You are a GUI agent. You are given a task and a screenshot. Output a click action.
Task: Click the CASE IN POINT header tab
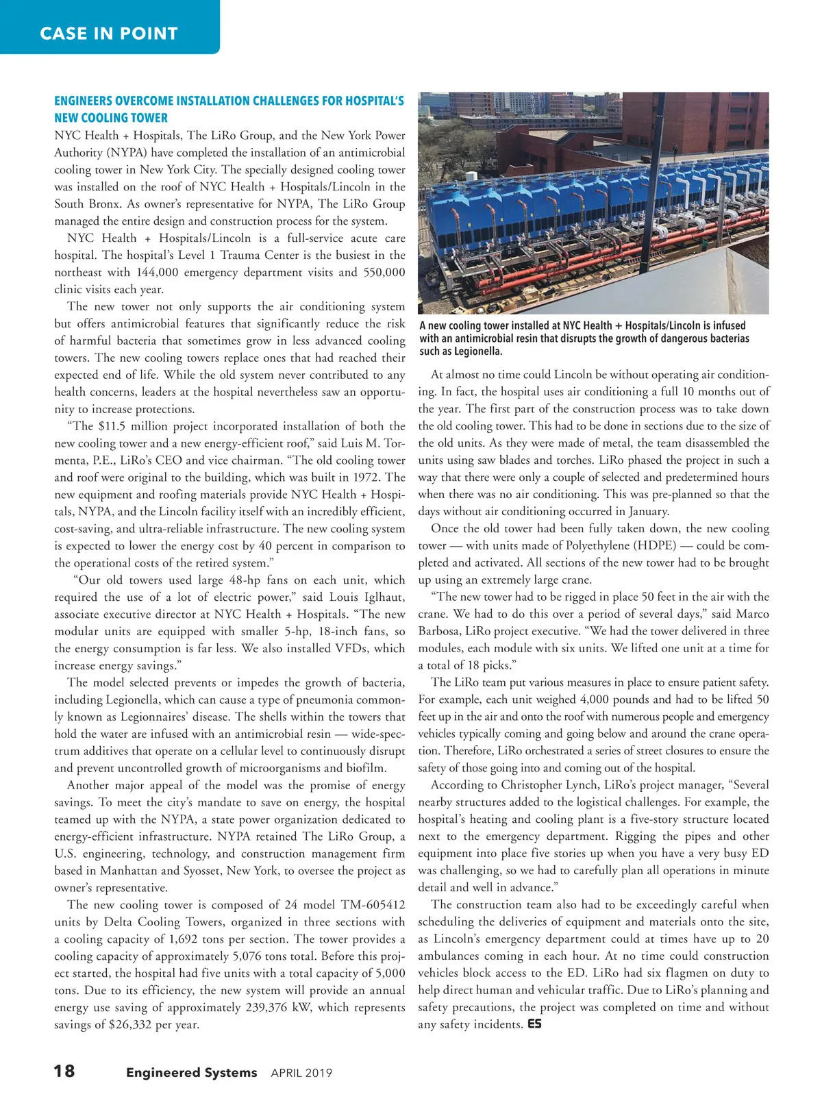[109, 33]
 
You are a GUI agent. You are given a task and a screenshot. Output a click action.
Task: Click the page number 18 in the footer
[64, 1071]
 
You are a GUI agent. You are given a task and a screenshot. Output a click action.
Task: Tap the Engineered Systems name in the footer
[192, 1072]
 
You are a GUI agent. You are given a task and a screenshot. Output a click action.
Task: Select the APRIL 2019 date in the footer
[301, 1073]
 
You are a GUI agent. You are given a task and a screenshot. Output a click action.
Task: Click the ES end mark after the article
[535, 1024]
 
